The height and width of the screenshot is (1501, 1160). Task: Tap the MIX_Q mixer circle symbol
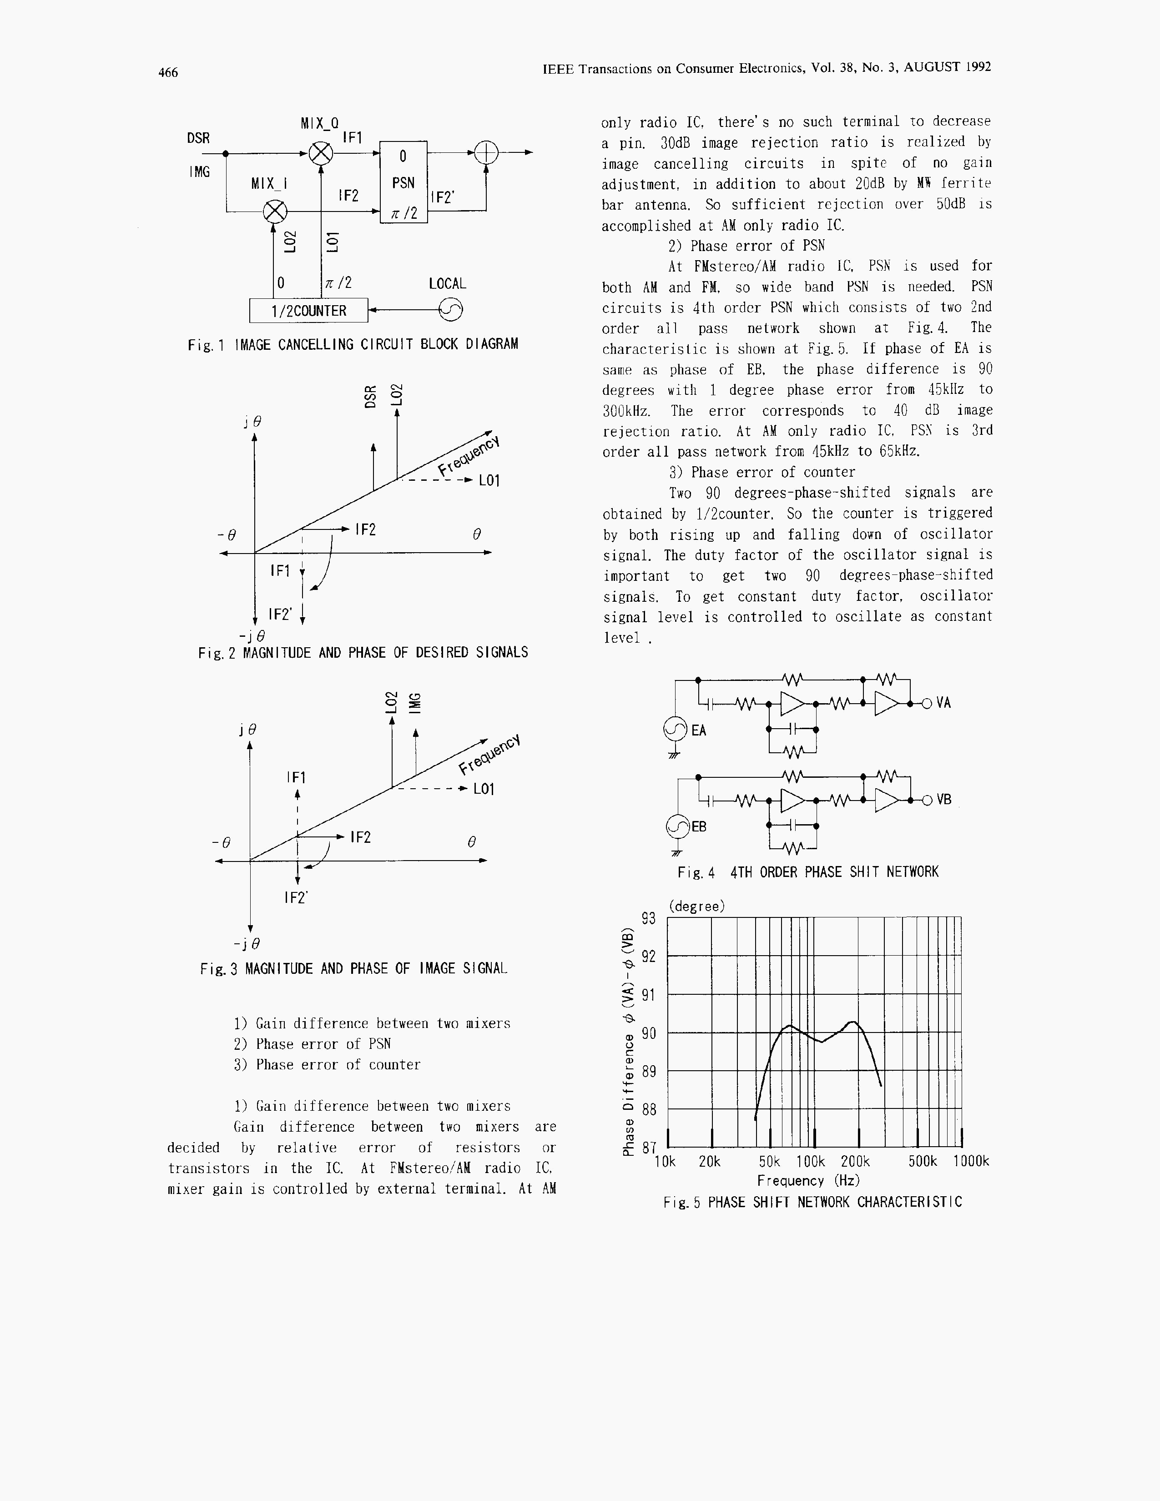coord(320,152)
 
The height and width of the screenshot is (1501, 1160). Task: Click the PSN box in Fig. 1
coord(403,182)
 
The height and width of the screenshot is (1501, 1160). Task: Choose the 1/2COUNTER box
coord(308,311)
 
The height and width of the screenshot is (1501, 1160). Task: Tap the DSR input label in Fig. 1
coord(198,138)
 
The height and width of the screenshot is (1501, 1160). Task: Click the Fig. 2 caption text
coord(363,652)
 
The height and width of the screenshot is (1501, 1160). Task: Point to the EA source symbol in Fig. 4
coord(676,730)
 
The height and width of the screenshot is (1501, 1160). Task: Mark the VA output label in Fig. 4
coord(943,703)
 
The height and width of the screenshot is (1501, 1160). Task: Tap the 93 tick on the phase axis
coord(649,919)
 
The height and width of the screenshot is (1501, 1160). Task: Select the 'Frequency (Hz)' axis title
coord(808,1181)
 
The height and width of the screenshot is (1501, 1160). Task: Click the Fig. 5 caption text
coord(812,1202)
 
